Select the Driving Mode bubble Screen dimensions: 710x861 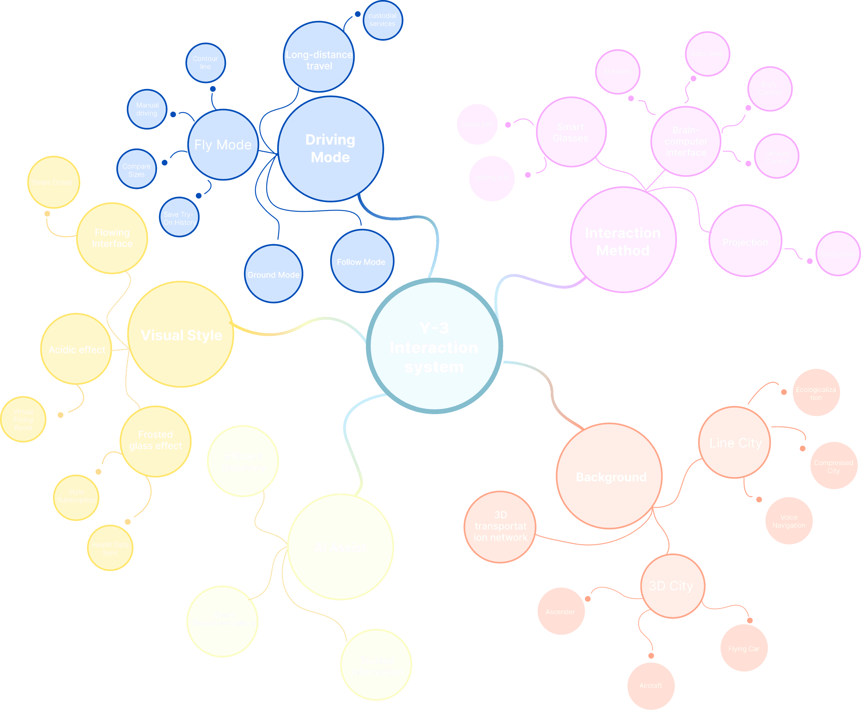(330, 149)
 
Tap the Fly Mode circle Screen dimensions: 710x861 (223, 145)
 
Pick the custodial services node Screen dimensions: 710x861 (383, 20)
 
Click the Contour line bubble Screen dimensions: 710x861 (205, 63)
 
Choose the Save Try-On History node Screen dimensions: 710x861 (179, 218)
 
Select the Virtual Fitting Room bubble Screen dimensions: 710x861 (23, 420)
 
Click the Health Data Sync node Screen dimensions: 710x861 (110, 548)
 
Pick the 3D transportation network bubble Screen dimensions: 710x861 (500, 527)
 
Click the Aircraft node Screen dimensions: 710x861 (651, 686)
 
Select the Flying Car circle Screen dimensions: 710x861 (743, 649)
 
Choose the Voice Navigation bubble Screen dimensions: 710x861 (788, 521)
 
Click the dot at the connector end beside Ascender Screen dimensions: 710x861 (588, 599)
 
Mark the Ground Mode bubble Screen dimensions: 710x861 (273, 275)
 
